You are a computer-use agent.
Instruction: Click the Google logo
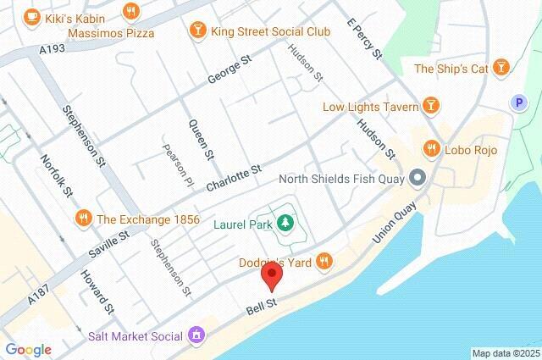point(28,349)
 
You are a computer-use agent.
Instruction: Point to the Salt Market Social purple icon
point(196,335)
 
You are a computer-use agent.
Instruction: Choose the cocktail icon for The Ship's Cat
point(501,68)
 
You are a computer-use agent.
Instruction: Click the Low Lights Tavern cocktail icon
point(431,106)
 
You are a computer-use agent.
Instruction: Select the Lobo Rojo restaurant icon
point(431,148)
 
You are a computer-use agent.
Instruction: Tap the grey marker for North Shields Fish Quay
point(417,178)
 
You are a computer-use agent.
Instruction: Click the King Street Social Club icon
point(196,31)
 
